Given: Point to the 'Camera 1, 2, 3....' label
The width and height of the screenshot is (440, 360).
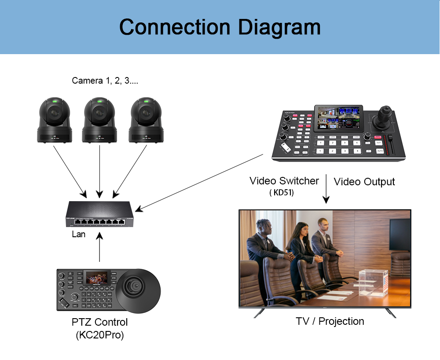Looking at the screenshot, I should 105,81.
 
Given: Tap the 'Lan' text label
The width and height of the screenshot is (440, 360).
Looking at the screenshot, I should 78,234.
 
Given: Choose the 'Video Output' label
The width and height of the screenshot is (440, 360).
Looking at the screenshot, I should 364,182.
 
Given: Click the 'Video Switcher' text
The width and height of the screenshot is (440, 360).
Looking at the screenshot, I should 284,181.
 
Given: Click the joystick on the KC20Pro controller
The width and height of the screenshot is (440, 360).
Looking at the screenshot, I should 135,287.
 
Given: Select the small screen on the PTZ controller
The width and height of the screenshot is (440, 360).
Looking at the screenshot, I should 97,278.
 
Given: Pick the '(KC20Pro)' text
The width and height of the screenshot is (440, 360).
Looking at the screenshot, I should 100,335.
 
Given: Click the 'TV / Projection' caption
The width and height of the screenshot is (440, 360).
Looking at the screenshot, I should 330,321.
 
